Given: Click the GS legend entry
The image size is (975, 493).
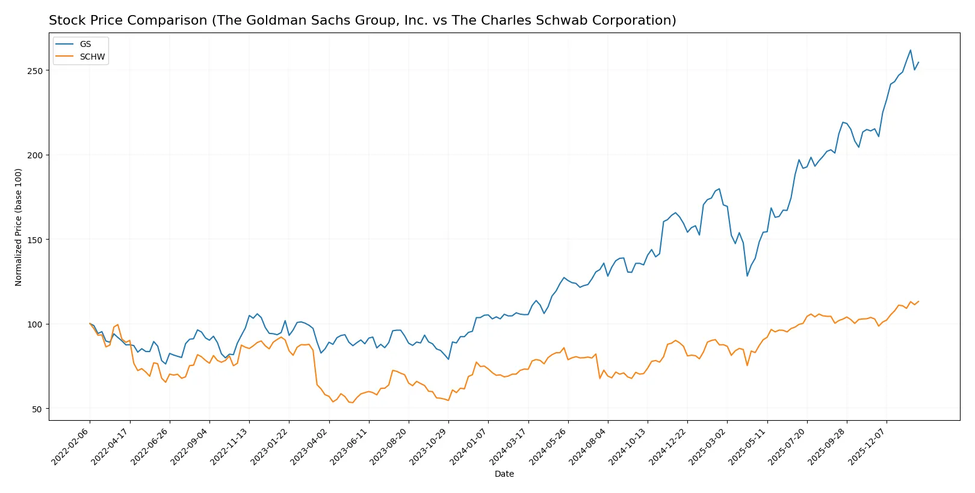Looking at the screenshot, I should [85, 44].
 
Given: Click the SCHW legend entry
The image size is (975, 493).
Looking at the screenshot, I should [92, 57].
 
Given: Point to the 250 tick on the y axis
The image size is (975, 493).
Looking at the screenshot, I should [35, 70].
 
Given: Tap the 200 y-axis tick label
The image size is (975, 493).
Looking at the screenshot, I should [35, 155].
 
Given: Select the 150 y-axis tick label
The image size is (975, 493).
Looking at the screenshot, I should [35, 240].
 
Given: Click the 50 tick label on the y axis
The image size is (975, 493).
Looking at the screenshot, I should [37, 409].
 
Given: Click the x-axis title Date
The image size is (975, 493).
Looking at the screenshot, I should [504, 474].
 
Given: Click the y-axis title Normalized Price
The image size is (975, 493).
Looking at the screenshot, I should [19, 227].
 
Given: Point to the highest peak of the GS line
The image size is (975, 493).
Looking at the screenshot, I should [910, 51].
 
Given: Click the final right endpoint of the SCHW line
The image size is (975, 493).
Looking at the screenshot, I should [918, 301].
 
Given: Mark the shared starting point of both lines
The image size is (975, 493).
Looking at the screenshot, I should [90, 324].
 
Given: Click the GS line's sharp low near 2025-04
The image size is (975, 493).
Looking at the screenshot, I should [747, 276].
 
